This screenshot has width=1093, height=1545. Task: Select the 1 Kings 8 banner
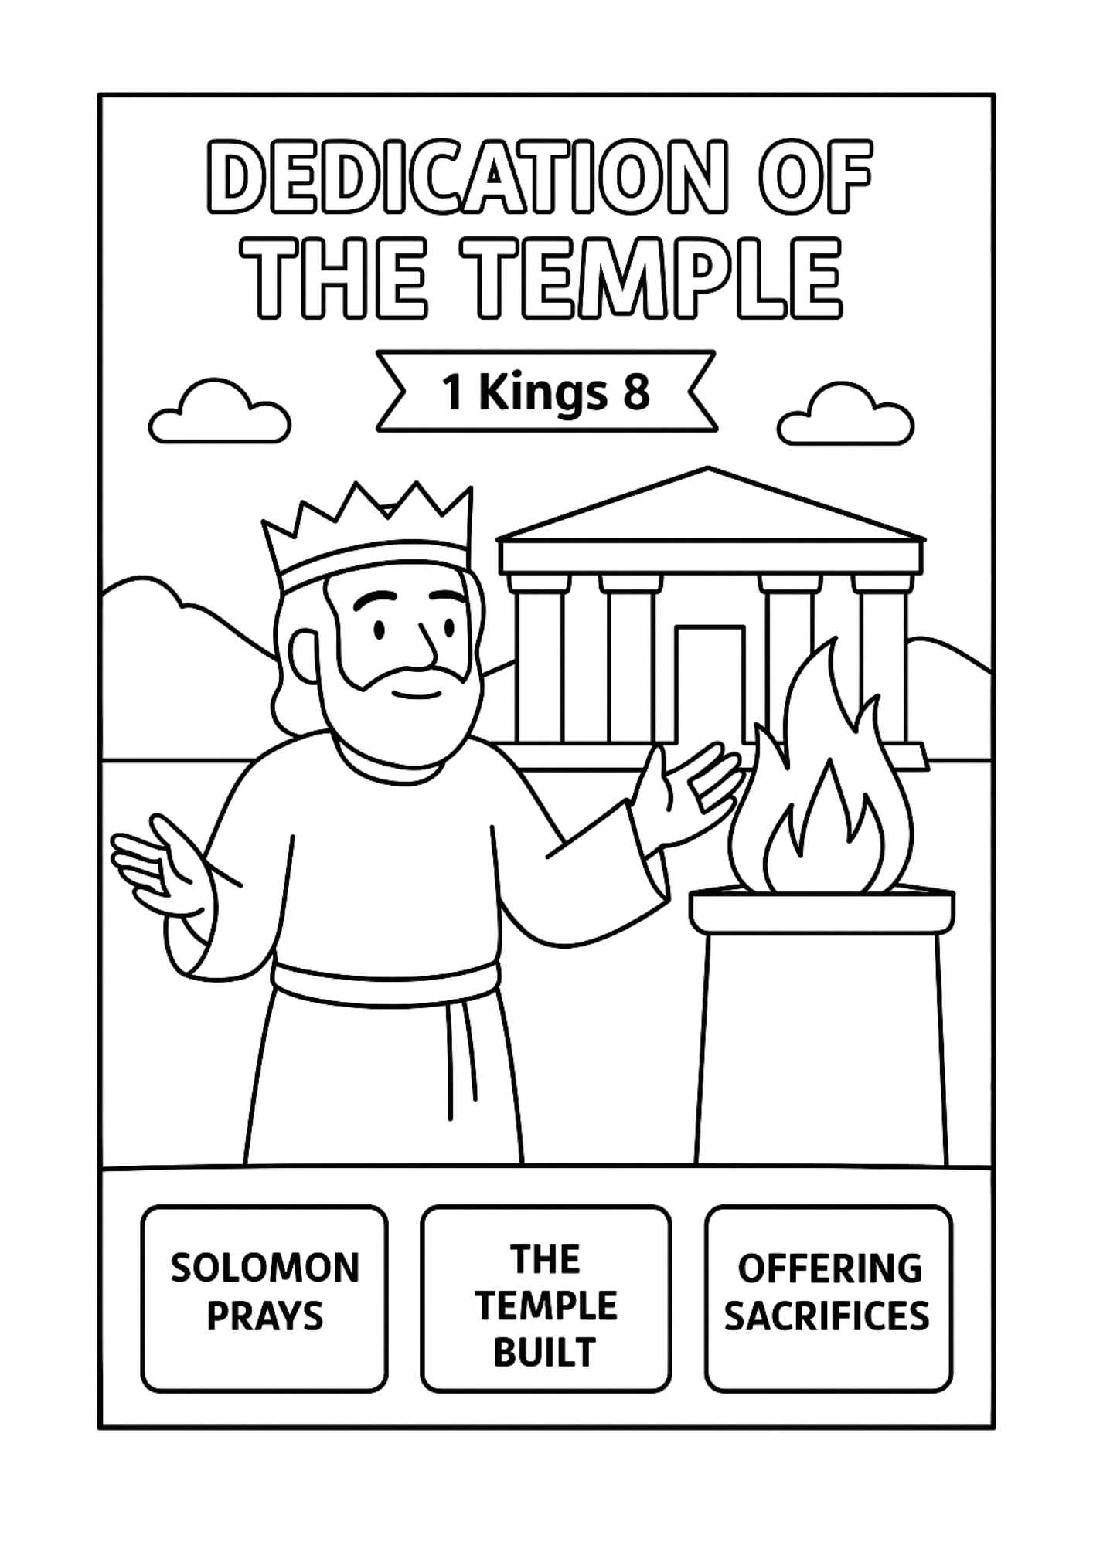coord(546,392)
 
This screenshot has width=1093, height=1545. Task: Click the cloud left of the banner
coord(220,415)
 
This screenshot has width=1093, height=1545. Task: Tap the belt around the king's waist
coord(385,983)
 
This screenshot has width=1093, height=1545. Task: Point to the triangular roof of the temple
coord(710,510)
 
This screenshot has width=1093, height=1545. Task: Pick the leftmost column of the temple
coord(539,664)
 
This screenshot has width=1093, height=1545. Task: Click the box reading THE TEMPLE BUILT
coord(546,1299)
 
